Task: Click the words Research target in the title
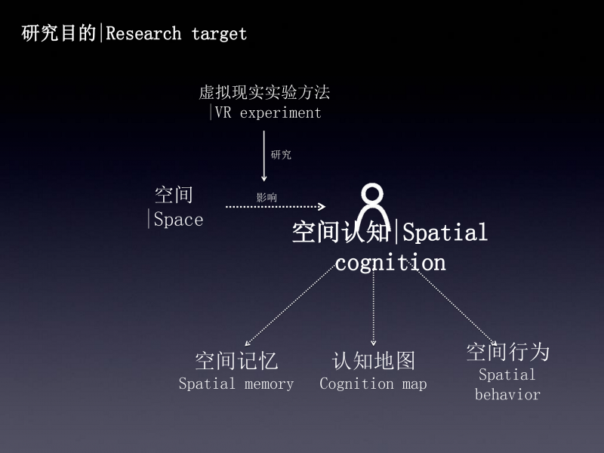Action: pyautogui.click(x=176, y=34)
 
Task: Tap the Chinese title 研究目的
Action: pyautogui.click(x=59, y=33)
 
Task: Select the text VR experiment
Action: pyautogui.click(x=268, y=112)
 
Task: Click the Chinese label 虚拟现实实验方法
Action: pyautogui.click(x=264, y=92)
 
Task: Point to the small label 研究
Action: pyautogui.click(x=281, y=155)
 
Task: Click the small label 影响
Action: pyautogui.click(x=267, y=197)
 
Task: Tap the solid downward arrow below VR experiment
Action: pyautogui.click(x=263, y=156)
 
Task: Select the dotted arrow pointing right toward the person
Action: pyautogui.click(x=276, y=206)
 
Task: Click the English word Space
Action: pyautogui.click(x=178, y=220)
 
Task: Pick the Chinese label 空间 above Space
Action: pyautogui.click(x=174, y=195)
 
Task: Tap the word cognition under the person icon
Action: pyautogui.click(x=390, y=263)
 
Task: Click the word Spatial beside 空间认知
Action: pyautogui.click(x=445, y=233)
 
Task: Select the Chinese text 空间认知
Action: pyautogui.click(x=341, y=232)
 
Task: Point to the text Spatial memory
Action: pyautogui.click(x=236, y=384)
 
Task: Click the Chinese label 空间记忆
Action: pyautogui.click(x=236, y=361)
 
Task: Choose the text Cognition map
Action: pyautogui.click(x=373, y=384)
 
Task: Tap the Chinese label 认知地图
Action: pyautogui.click(x=374, y=361)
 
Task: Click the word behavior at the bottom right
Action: pyautogui.click(x=507, y=394)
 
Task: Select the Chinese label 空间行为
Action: pyautogui.click(x=507, y=352)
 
